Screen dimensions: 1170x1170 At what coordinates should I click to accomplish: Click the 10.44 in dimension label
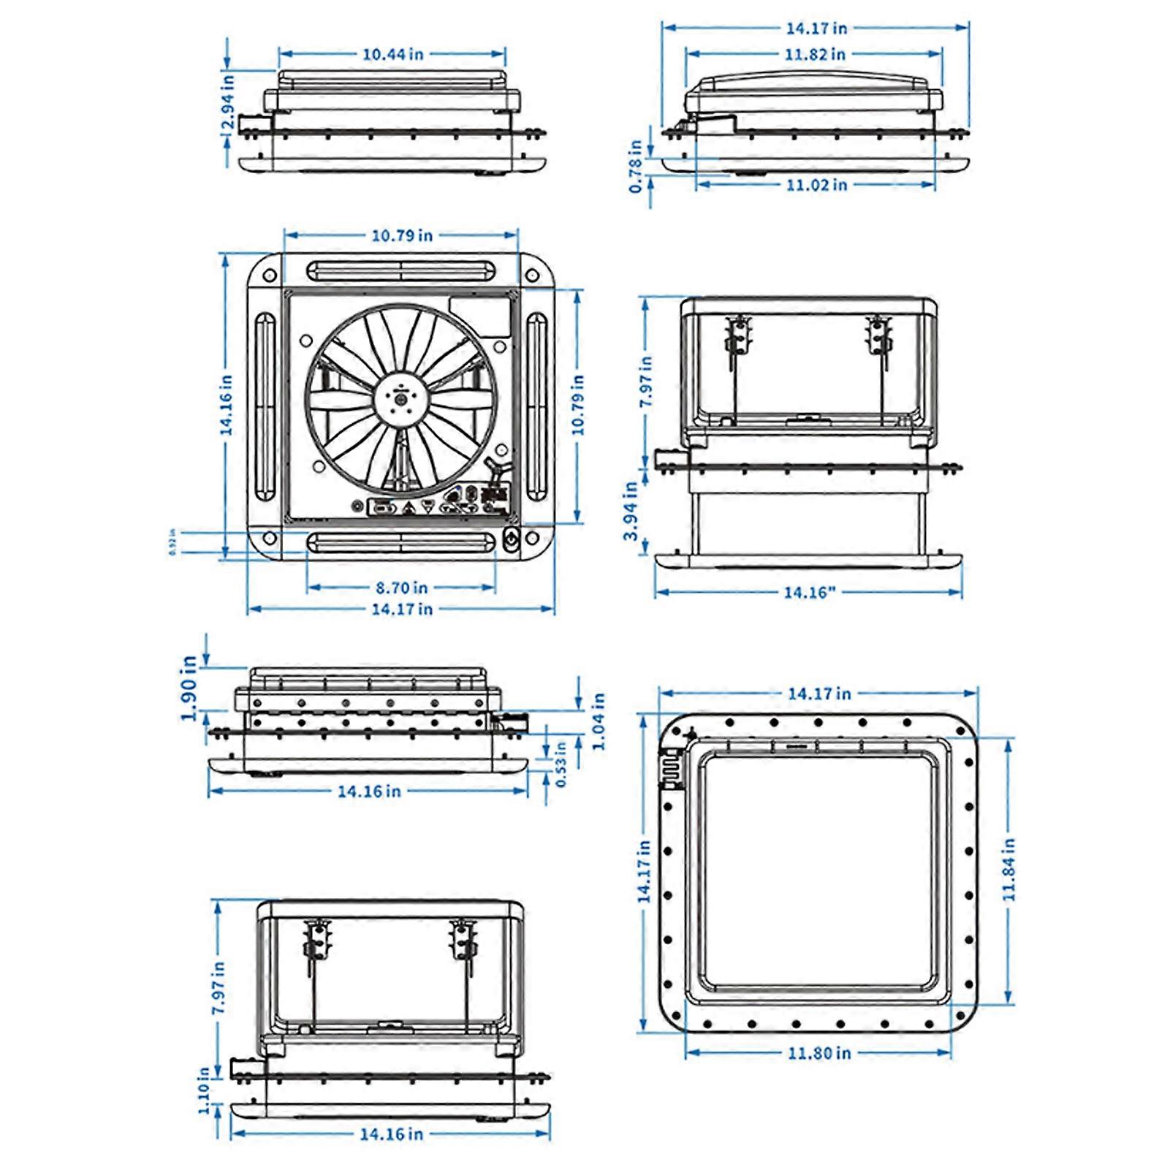coord(393,54)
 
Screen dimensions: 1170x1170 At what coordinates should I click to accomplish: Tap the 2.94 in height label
coord(228,102)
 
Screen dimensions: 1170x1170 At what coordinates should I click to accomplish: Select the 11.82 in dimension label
coord(815,54)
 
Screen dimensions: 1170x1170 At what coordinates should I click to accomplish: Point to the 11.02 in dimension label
coord(816,185)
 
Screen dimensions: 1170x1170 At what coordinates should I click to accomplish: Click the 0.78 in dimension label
coord(636,167)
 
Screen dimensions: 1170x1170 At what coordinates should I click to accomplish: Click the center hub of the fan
coord(401,399)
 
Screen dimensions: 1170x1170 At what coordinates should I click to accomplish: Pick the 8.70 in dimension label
coord(401,588)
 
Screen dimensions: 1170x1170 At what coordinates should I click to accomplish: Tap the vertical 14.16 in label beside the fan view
coord(227,406)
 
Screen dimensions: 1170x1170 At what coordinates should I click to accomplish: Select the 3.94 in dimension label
coord(630,511)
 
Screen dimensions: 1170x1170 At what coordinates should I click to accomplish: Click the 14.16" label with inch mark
coord(808,593)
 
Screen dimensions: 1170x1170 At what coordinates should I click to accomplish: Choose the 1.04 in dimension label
coord(599,722)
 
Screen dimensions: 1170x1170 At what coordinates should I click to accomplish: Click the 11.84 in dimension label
coord(1009,870)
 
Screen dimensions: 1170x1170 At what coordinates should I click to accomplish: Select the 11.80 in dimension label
coord(819,1053)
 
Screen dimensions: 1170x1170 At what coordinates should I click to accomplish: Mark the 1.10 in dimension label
coord(204,1091)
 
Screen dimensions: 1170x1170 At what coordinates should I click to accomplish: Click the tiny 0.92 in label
coord(172,542)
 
